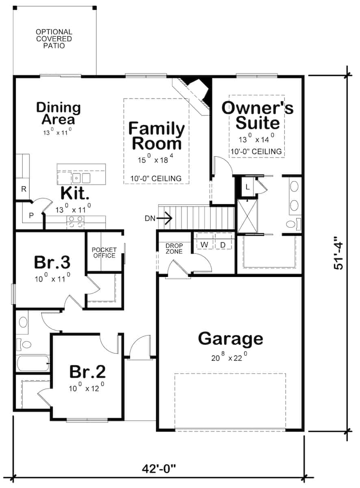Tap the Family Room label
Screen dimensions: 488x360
(x=156, y=136)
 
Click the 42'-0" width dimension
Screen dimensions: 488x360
(x=159, y=468)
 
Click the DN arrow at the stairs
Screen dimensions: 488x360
(x=159, y=218)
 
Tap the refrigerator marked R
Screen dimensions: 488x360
(x=24, y=189)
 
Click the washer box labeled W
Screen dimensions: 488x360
(x=204, y=245)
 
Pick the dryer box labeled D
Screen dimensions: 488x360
(x=223, y=245)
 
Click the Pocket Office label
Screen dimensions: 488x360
(x=104, y=253)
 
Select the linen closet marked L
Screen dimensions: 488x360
(x=248, y=187)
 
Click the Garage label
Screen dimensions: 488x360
(x=230, y=338)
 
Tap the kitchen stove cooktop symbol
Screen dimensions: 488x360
(x=75, y=222)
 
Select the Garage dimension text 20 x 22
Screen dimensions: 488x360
(x=229, y=358)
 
